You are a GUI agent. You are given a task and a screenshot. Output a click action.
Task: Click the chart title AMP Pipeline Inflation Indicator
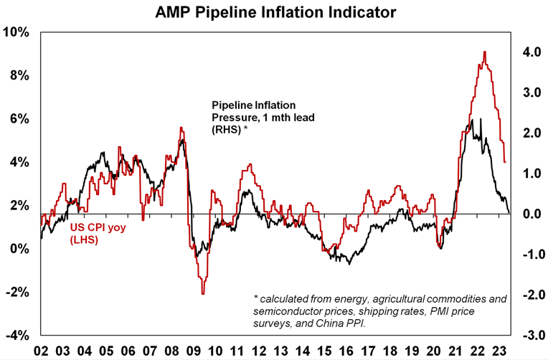click(275, 11)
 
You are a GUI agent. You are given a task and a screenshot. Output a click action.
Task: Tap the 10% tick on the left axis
click(16, 32)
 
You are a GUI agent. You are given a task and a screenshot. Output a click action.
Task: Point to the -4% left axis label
click(16, 336)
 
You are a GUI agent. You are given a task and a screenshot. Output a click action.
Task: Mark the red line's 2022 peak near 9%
click(485, 52)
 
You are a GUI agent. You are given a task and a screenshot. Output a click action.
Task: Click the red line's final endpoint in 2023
click(506, 162)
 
